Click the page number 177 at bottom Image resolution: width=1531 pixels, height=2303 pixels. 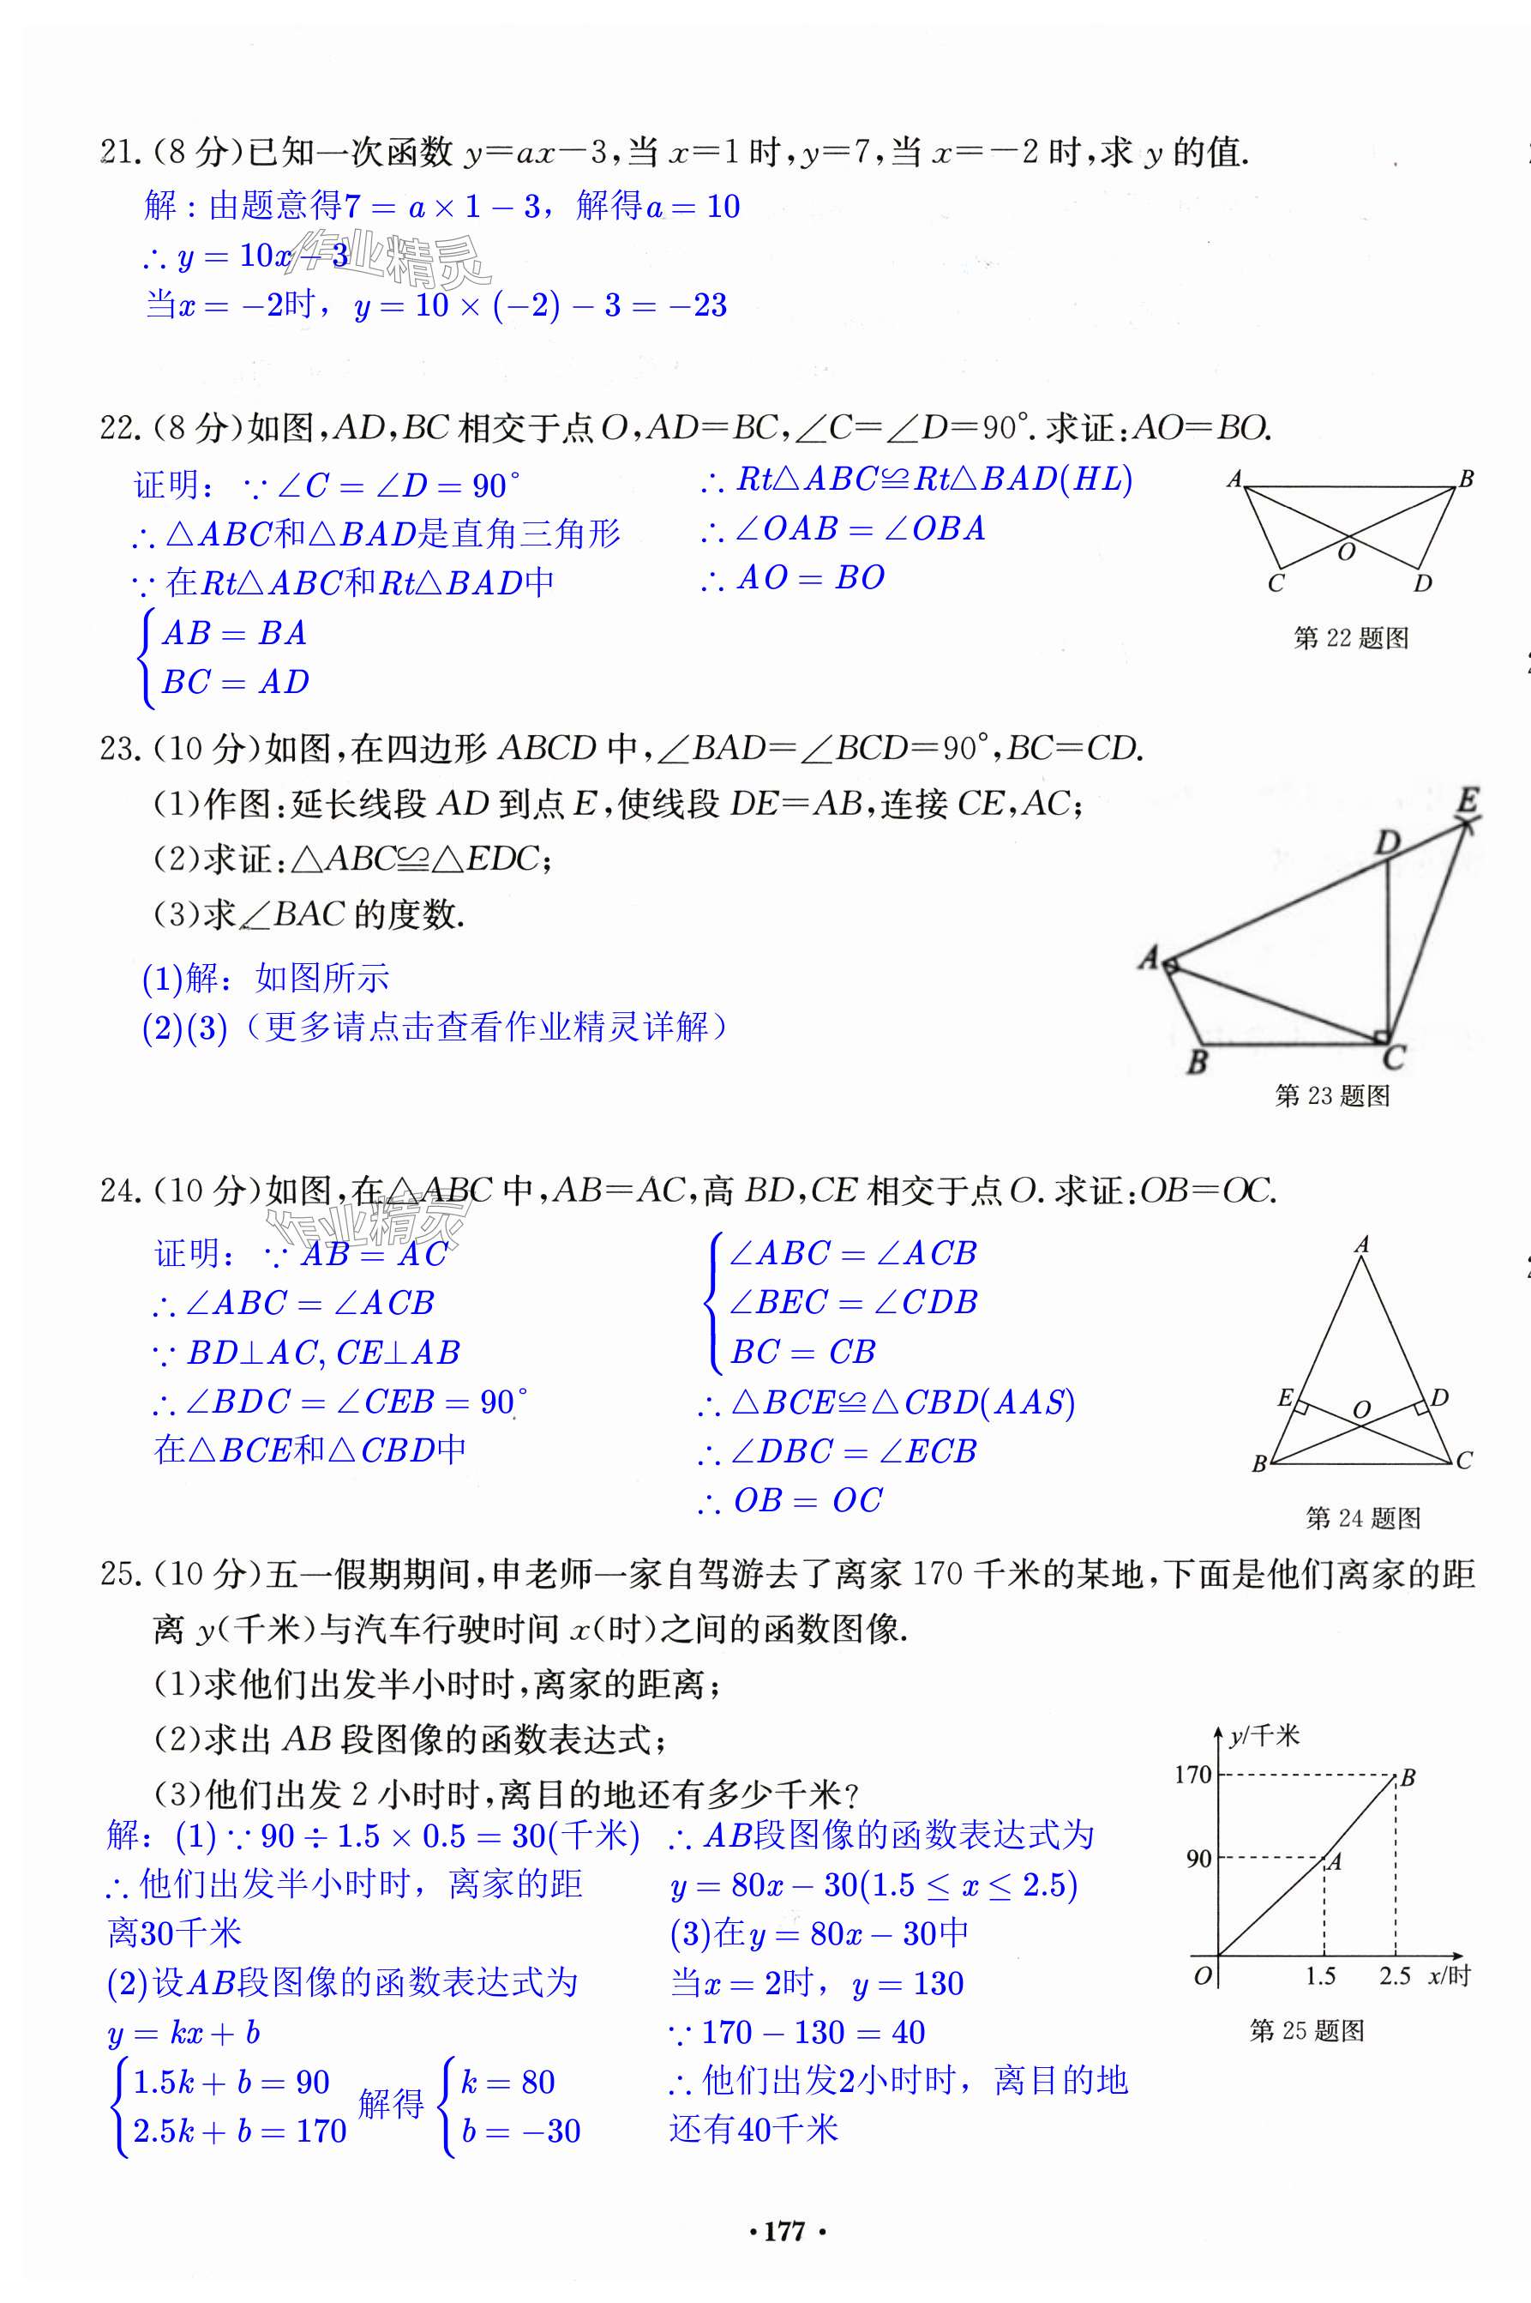click(785, 2231)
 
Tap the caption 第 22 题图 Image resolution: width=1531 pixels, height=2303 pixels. click(1350, 639)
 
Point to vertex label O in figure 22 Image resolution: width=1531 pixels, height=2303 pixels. click(1347, 552)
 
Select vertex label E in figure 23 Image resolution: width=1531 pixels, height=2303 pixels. click(1468, 801)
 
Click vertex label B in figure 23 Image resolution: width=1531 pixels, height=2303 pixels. click(1197, 1061)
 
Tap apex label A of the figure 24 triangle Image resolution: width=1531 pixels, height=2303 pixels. click(1362, 1245)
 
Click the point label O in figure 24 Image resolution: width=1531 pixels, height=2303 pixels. click(1361, 1409)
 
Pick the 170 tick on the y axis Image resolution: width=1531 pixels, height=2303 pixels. click(1192, 1775)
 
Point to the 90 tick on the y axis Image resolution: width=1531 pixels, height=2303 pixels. click(1198, 1859)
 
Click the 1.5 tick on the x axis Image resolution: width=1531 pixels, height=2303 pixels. click(1320, 1976)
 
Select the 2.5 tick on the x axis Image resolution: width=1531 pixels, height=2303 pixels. click(1395, 1976)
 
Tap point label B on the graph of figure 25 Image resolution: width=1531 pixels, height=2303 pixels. click(1408, 1777)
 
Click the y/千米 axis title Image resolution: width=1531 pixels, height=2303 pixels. click(1264, 1735)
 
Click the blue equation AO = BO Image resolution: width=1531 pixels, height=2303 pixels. click(809, 578)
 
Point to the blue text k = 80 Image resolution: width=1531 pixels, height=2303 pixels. click(507, 2082)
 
